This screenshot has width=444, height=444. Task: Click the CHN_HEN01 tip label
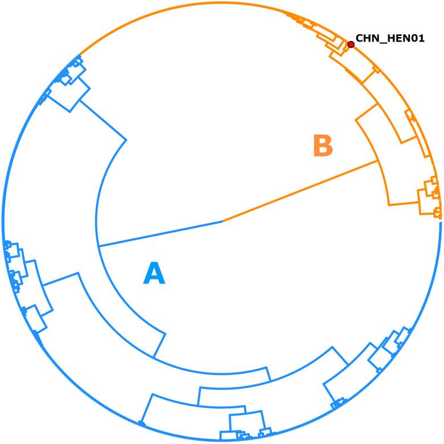389,39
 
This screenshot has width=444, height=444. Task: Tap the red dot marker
351,44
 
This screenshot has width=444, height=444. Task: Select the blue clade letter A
154,225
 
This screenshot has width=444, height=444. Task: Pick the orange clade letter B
323,146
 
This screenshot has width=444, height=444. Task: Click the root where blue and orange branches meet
222,173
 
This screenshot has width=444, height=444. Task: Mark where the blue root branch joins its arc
99,198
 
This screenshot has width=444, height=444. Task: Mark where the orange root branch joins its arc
378,161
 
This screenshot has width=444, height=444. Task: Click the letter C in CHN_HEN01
359,39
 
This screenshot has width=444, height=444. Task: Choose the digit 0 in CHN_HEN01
414,39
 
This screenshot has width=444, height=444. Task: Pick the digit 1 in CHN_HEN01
421,39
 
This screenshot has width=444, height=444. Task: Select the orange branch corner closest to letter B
356,120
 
